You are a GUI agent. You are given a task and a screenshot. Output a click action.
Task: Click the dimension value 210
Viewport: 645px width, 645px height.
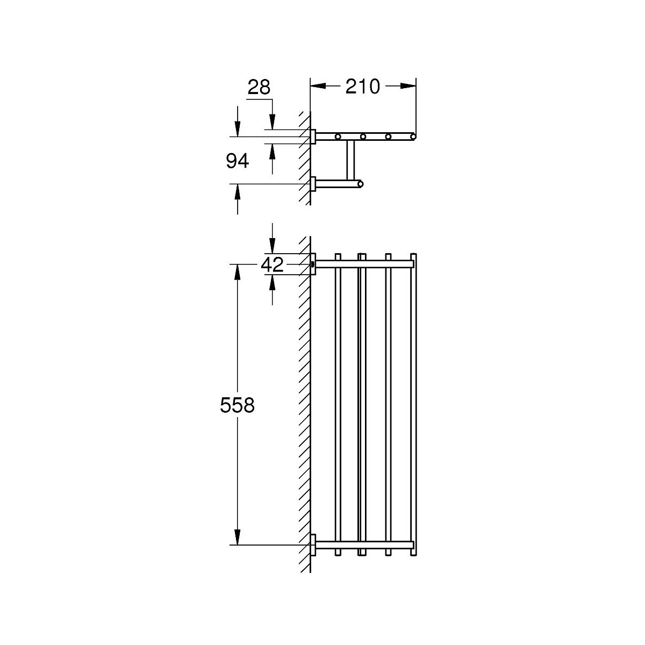(x=362, y=87)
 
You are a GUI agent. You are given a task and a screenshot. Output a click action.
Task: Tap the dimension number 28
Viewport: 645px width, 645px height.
(x=259, y=88)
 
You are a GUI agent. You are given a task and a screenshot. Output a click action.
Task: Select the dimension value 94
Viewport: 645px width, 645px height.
(x=238, y=161)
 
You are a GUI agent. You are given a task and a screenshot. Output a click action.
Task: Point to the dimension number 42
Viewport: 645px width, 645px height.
(x=272, y=265)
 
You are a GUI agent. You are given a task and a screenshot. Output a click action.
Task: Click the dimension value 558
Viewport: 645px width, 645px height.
(x=238, y=405)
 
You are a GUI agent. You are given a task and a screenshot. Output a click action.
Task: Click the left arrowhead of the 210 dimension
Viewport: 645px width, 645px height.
(x=318, y=86)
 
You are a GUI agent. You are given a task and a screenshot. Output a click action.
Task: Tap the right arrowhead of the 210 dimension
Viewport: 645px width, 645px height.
(x=408, y=86)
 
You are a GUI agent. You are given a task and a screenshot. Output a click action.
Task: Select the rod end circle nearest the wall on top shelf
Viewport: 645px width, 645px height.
(x=338, y=136)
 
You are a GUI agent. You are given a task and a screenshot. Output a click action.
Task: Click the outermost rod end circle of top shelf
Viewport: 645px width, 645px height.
(x=413, y=136)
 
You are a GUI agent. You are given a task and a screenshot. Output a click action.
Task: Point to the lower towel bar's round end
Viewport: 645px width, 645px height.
(x=360, y=184)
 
